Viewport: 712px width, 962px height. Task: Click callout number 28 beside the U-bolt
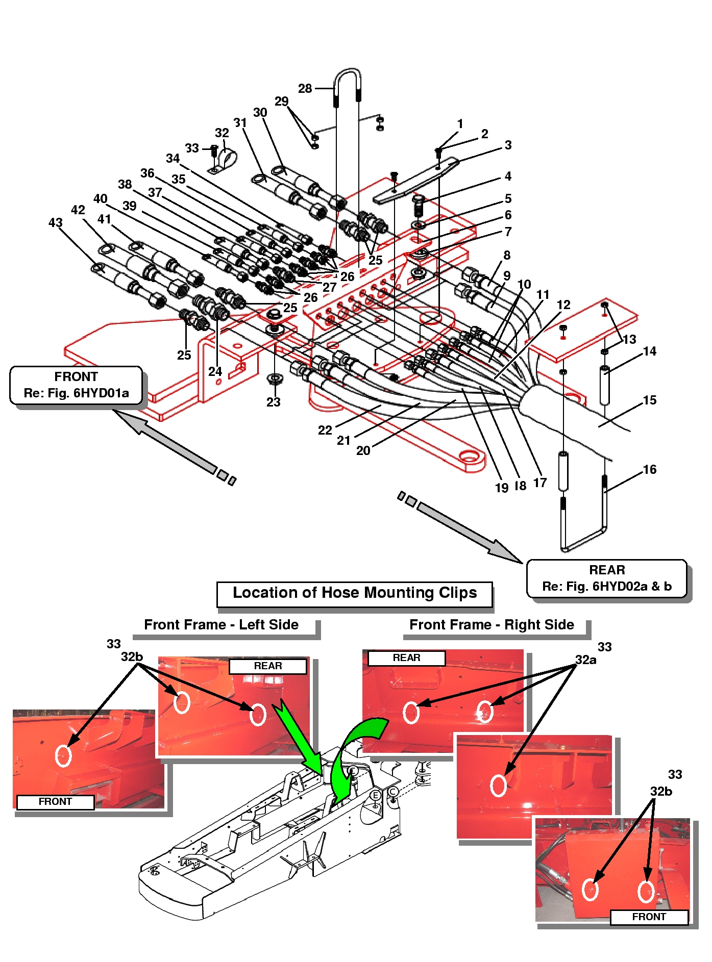305,88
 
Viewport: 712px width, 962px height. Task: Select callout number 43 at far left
55,222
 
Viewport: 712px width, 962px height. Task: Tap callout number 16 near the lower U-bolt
649,469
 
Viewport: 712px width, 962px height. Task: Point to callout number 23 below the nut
273,402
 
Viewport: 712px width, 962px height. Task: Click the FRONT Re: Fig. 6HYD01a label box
76,385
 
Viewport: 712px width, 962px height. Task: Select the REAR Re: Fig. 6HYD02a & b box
607,578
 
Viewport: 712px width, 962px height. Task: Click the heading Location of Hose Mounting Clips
355,593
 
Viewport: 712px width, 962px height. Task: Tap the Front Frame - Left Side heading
222,625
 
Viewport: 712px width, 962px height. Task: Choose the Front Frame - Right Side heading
492,625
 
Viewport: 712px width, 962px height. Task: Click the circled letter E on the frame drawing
375,795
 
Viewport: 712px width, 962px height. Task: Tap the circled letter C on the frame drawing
393,792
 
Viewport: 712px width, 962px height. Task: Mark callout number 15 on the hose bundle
649,400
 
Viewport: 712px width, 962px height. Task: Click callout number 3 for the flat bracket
508,145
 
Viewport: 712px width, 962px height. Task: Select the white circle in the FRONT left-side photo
63,755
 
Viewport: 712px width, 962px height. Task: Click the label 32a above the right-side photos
585,660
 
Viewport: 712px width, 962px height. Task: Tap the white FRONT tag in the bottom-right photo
649,917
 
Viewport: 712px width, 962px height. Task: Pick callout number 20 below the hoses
363,450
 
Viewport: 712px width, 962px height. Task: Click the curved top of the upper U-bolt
348,71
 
